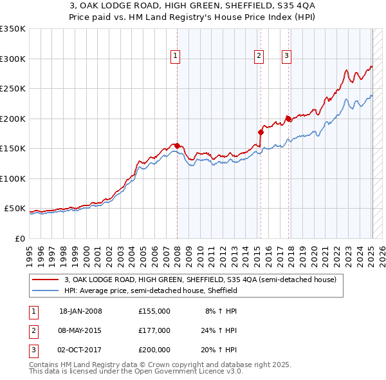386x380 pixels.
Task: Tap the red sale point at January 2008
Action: (x=177, y=146)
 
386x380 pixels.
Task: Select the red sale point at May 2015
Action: (x=261, y=132)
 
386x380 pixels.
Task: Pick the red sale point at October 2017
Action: (x=288, y=119)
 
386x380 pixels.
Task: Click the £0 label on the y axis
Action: (x=19, y=238)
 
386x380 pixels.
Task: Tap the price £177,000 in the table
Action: (x=154, y=330)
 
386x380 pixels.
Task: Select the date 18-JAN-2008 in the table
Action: (x=80, y=311)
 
